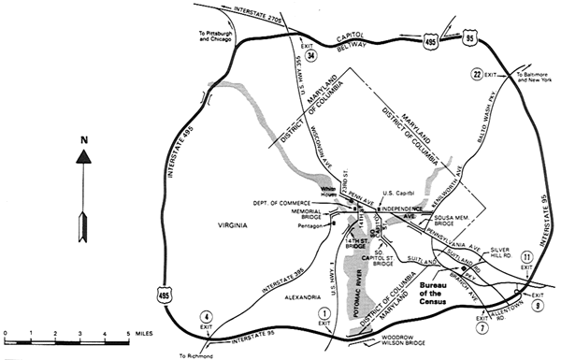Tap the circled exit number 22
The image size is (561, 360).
click(x=477, y=74)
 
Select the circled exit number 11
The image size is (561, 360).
click(x=527, y=256)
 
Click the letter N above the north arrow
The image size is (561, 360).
click(x=84, y=141)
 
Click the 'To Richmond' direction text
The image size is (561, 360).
click(x=197, y=355)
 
